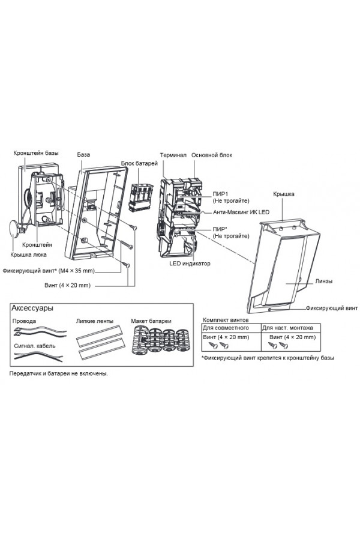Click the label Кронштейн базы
pos(36,153)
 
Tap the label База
pos(83,155)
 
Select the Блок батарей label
pos(139,163)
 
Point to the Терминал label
pos(173,155)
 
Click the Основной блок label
pos(212,155)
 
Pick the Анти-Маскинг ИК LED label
pos(241,212)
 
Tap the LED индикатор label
pos(190,263)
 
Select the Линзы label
pos(323,281)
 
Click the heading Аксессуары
pos(32,309)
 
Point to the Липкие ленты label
pos(95,321)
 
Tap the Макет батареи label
pos(151,321)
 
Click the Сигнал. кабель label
pos(35,346)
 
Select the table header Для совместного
pos(226,328)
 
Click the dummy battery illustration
pos(160,341)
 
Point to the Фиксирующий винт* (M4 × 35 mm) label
pos(49,271)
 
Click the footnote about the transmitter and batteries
pos(58,373)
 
